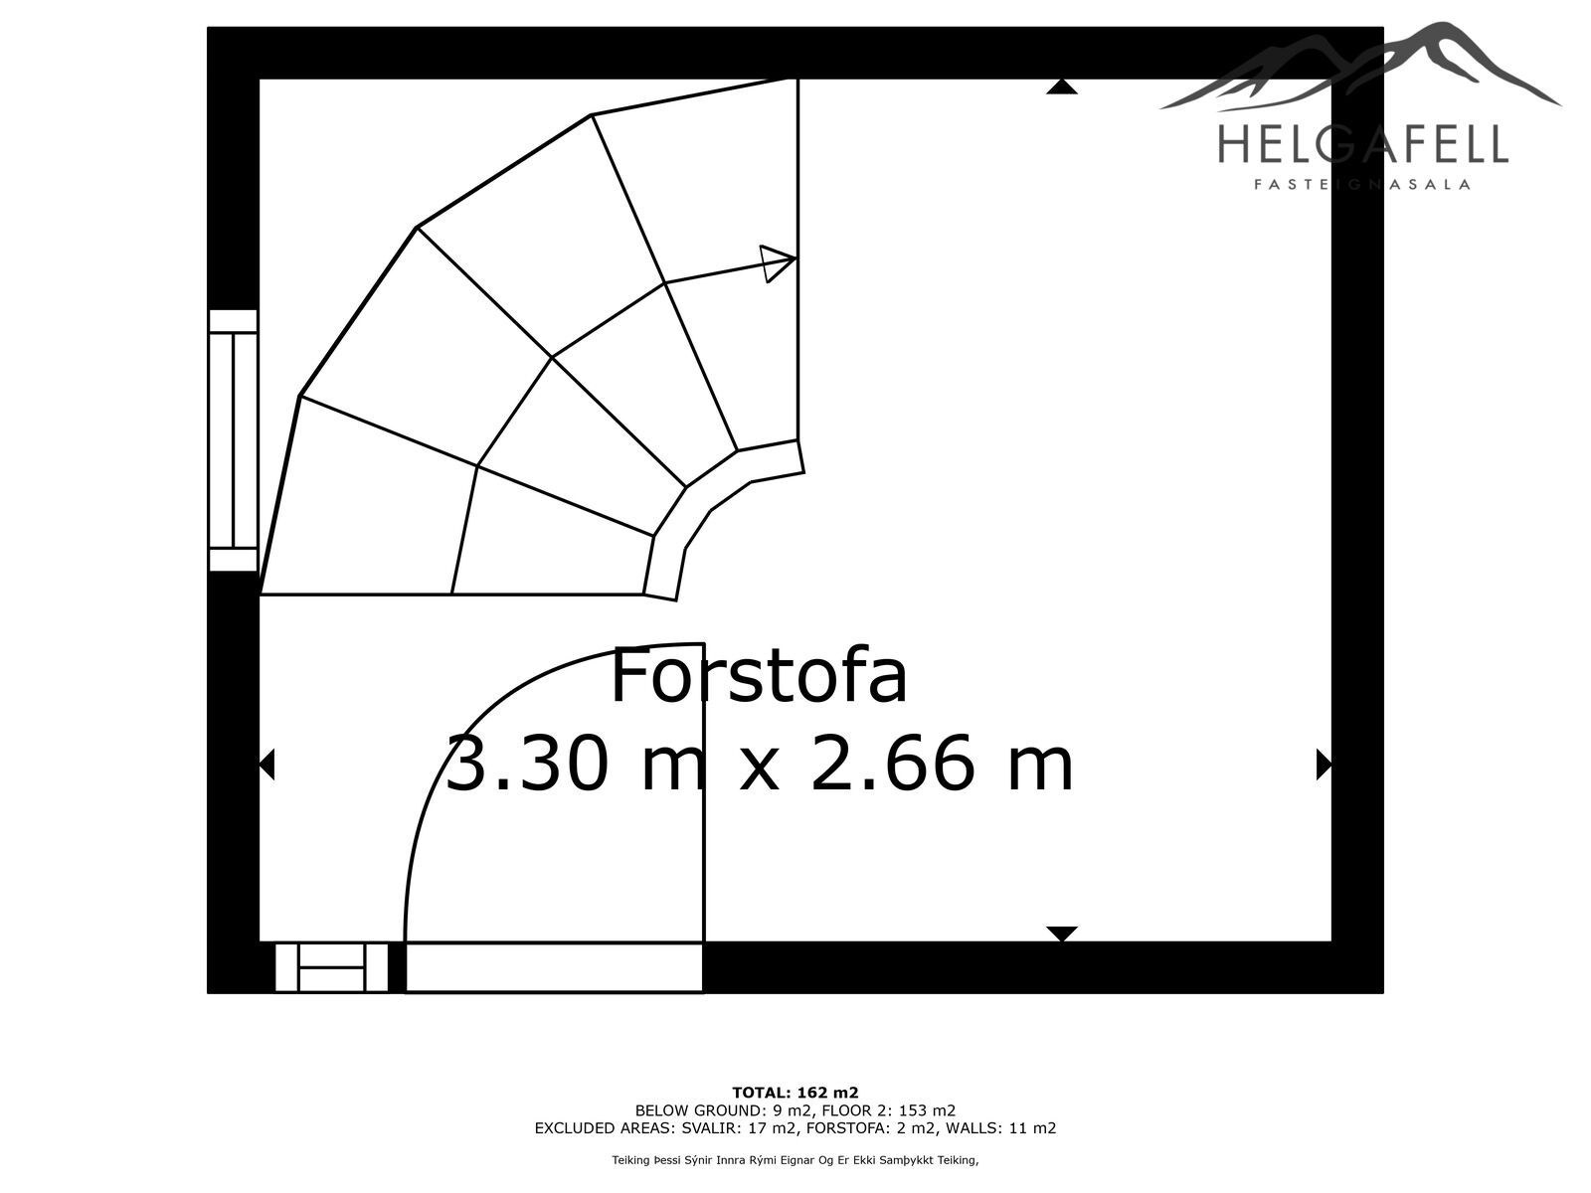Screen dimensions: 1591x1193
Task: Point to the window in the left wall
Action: point(233,440)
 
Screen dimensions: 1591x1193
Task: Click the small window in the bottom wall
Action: point(331,967)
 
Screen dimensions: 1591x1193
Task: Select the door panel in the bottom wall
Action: point(554,967)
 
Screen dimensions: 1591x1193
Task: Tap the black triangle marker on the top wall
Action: point(1061,86)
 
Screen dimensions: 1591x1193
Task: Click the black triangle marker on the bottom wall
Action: point(1061,934)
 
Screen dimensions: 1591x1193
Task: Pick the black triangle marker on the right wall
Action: point(1324,765)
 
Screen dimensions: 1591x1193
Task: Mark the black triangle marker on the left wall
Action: point(266,765)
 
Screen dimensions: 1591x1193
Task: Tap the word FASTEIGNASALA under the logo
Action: point(1362,185)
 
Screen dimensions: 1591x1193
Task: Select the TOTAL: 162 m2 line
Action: point(795,1093)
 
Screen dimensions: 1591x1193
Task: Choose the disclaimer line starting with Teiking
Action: point(795,1160)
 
